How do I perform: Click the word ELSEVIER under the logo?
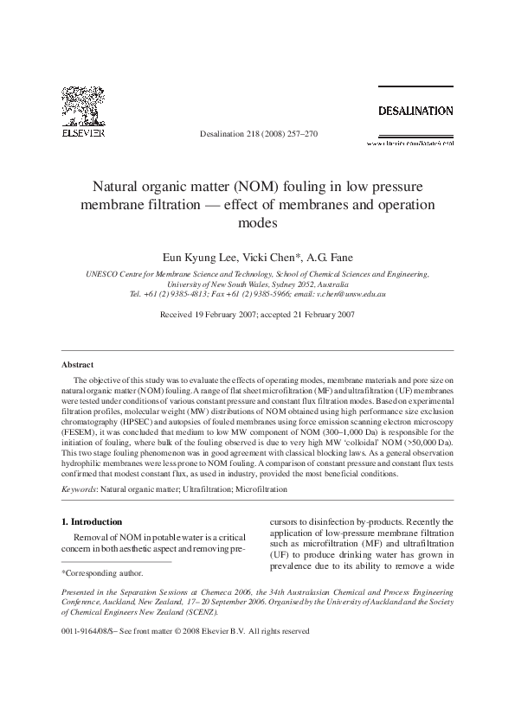tap(83, 134)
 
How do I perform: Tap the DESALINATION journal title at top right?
tap(414, 111)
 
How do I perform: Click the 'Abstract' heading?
tap(78, 365)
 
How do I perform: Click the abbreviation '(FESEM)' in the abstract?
tap(81, 431)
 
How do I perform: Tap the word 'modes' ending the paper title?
tap(257, 221)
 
